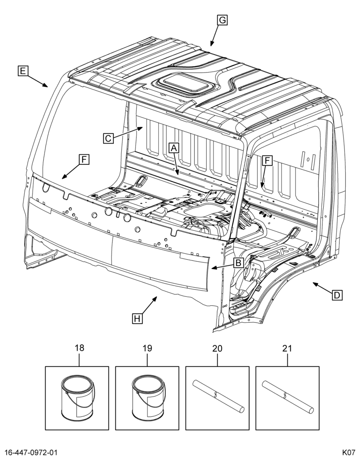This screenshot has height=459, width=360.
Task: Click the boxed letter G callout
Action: pyautogui.click(x=222, y=20)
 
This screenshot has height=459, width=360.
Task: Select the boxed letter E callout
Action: pyautogui.click(x=23, y=71)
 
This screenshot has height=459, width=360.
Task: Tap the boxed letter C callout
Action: pyautogui.click(x=108, y=138)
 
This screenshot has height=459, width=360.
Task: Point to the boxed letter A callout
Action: pyautogui.click(x=174, y=148)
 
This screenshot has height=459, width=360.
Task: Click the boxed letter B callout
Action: pyautogui.click(x=238, y=263)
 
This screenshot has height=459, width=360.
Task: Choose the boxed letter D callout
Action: pyautogui.click(x=337, y=295)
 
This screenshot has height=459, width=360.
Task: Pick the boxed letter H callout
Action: pyautogui.click(x=137, y=318)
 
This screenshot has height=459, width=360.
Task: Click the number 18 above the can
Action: pyautogui.click(x=79, y=348)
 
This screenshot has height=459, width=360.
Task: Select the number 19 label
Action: pyautogui.click(x=147, y=348)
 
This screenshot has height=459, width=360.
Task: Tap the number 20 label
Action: pyautogui.click(x=217, y=348)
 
